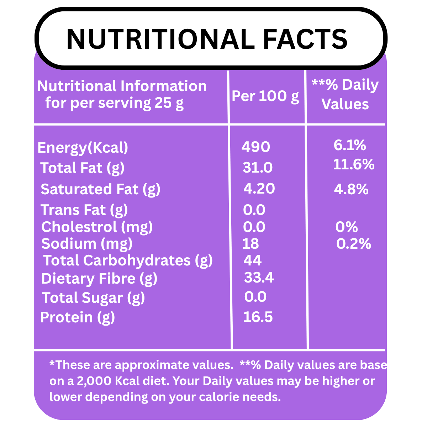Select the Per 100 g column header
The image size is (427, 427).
(x=265, y=96)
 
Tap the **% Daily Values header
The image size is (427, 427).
(x=345, y=95)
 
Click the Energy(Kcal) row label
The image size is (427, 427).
(x=83, y=148)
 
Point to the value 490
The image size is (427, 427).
(x=256, y=147)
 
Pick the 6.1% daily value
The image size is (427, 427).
(x=350, y=145)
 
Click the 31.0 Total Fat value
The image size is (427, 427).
(x=258, y=168)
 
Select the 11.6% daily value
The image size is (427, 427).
(x=354, y=164)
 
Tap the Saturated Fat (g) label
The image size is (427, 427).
(x=100, y=189)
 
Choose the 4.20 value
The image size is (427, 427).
(x=259, y=189)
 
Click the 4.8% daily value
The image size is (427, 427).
(x=351, y=189)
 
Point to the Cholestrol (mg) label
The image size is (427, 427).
(x=97, y=227)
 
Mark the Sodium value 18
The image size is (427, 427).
(x=251, y=244)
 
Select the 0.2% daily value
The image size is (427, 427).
(x=354, y=244)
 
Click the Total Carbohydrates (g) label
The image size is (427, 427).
(x=128, y=261)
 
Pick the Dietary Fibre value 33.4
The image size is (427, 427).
(x=259, y=278)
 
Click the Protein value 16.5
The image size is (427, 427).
(x=258, y=317)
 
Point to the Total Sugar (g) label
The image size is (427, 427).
(x=93, y=298)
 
